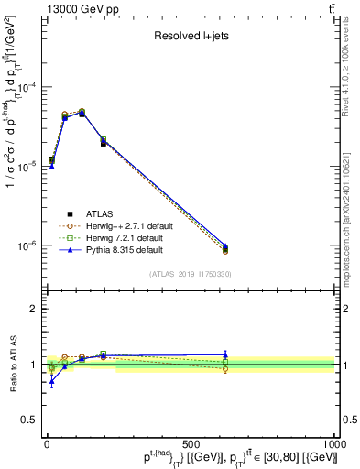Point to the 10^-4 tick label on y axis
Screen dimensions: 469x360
(x=26, y=88)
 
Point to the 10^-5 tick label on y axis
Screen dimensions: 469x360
(x=26, y=167)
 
